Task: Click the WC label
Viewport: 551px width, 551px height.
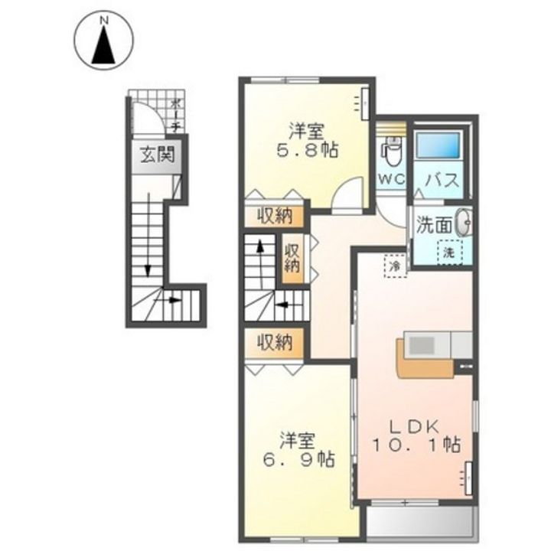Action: tap(393, 179)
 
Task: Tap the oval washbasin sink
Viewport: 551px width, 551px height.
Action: tap(462, 223)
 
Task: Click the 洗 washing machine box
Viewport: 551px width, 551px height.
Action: tap(449, 250)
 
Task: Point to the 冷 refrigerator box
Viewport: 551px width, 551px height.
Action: tap(396, 265)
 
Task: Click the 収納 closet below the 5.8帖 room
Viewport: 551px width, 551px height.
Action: tap(275, 216)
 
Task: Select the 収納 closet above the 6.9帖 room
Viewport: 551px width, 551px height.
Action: tap(275, 342)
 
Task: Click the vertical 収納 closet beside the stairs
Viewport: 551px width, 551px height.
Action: tap(292, 260)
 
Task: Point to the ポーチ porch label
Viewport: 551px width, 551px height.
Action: tap(177, 115)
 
